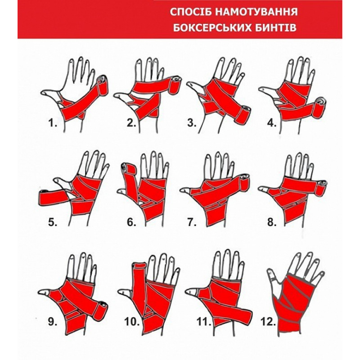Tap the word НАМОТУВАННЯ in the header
click(256, 12)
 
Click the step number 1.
click(53, 123)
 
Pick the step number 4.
click(272, 123)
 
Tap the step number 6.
click(131, 222)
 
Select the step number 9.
click(53, 322)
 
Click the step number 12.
click(268, 322)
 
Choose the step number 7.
click(192, 222)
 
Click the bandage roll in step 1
click(103, 85)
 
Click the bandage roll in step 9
click(100, 310)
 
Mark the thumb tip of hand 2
click(116, 95)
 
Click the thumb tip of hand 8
click(261, 189)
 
